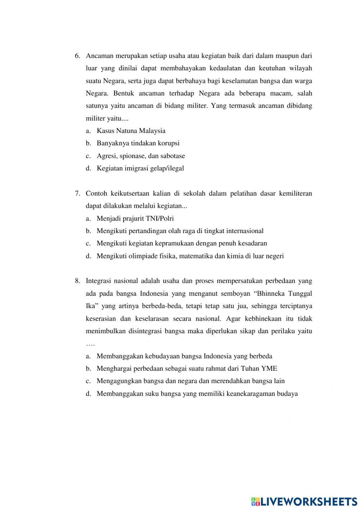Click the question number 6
77,56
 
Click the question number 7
77,193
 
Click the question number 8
77,281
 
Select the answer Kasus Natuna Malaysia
131,131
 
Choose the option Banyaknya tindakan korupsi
138,143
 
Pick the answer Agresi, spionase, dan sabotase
141,156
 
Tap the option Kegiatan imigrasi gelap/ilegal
140,168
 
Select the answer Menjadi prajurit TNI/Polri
135,219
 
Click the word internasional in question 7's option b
244,231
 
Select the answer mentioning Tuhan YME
187,369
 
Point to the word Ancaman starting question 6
100,56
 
